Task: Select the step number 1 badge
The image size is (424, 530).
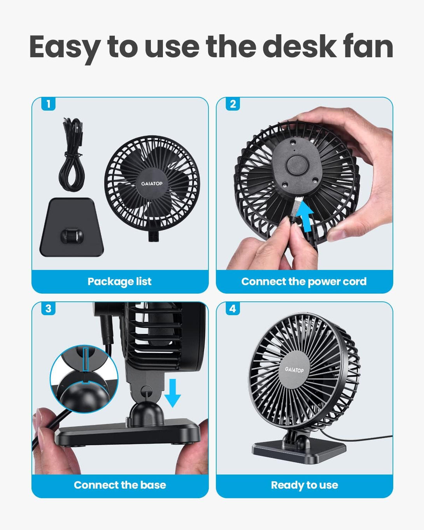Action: [x=49, y=104]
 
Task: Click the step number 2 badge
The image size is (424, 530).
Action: [x=233, y=104]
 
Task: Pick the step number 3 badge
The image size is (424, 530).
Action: [x=49, y=308]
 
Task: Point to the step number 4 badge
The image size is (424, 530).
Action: [x=233, y=308]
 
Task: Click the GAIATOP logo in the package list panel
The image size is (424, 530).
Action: [x=152, y=184]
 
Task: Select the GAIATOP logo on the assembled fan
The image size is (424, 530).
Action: [x=294, y=369]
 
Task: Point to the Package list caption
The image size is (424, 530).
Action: [x=119, y=282]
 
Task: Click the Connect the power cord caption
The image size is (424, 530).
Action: [x=304, y=282]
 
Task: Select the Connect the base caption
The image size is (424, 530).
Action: [x=120, y=485]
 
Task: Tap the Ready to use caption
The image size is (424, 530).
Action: [x=304, y=485]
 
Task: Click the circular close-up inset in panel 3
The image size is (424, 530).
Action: [x=84, y=379]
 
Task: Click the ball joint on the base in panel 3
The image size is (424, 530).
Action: [x=147, y=414]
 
